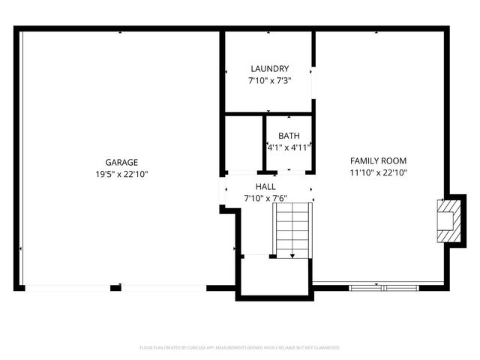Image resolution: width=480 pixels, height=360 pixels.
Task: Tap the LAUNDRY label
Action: pyautogui.click(x=269, y=69)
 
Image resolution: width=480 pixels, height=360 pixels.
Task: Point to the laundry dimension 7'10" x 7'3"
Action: pyautogui.click(x=269, y=80)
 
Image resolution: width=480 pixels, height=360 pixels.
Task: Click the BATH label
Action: pyautogui.click(x=289, y=136)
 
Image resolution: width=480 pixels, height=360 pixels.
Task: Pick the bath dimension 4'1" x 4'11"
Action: pyautogui.click(x=289, y=147)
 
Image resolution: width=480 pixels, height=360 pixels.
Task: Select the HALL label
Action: pyautogui.click(x=265, y=187)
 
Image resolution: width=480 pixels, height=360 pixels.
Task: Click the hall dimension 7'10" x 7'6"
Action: pyautogui.click(x=265, y=199)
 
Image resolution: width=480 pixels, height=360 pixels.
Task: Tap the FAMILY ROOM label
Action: pyautogui.click(x=378, y=160)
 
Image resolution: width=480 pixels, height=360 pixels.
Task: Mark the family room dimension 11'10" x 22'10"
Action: pyautogui.click(x=378, y=173)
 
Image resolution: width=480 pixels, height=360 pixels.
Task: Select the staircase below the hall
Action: pyautogui.click(x=292, y=231)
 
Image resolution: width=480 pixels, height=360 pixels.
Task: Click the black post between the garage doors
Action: pyautogui.click(x=115, y=287)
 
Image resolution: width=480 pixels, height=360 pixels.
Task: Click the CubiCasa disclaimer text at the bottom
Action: pyautogui.click(x=240, y=348)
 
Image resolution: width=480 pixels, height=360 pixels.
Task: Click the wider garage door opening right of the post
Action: pyautogui.click(x=163, y=287)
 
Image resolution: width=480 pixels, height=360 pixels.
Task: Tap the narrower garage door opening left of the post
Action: pyautogui.click(x=67, y=287)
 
